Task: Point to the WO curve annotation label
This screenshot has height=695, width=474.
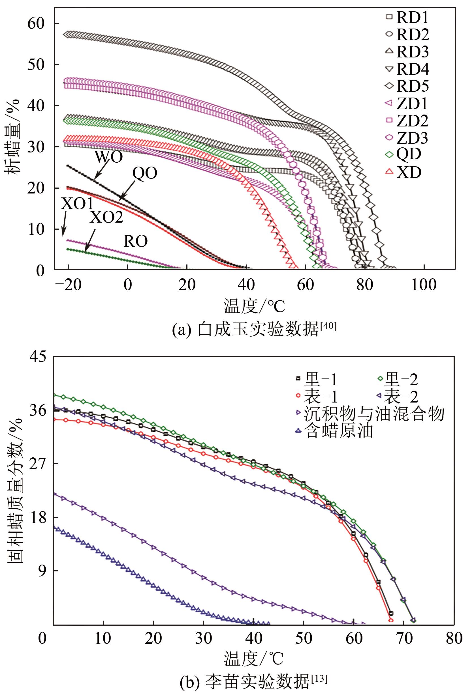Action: pyautogui.click(x=108, y=157)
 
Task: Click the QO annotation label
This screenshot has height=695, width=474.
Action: pyautogui.click(x=145, y=173)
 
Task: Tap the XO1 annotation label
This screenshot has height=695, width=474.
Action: pyautogui.click(x=77, y=204)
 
